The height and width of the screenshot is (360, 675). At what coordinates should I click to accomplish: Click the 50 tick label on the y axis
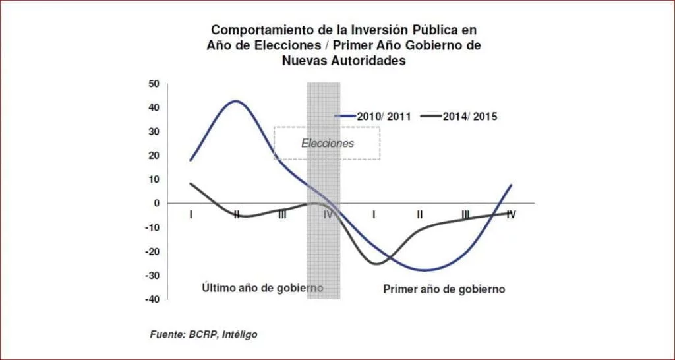coord(154,84)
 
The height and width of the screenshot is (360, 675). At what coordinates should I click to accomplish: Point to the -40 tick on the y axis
coord(152,299)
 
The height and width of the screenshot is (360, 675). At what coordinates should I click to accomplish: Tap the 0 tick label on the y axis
coord(157,204)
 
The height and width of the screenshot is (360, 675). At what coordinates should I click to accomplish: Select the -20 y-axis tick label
coord(152,251)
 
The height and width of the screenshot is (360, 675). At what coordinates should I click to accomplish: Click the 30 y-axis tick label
coord(154,132)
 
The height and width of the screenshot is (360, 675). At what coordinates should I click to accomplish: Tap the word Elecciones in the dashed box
coord(328,143)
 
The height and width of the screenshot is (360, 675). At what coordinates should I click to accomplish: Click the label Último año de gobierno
coord(262,289)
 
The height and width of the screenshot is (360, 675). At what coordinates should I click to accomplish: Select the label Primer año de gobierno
coord(444,289)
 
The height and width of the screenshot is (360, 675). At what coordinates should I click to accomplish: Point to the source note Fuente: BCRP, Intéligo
coord(204,334)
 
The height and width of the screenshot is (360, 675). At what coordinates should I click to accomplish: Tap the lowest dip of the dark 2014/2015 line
coord(376,264)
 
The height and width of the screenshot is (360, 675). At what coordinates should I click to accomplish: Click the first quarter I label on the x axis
coord(191,214)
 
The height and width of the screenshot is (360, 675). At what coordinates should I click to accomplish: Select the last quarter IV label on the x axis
coord(510,214)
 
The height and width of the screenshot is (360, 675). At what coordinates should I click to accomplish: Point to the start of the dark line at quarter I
coord(191,183)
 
